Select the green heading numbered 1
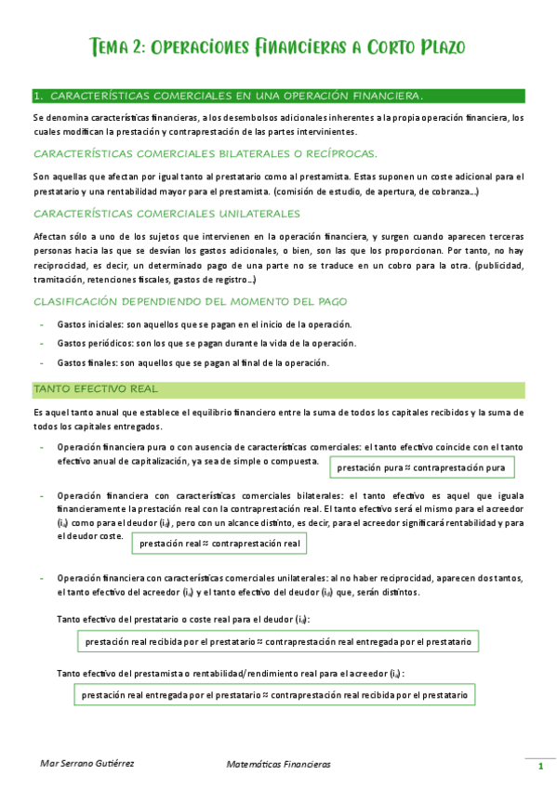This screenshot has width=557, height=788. tap(228, 96)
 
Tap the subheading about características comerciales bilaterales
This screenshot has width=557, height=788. tap(205, 153)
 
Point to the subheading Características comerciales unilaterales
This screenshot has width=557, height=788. tap(166, 212)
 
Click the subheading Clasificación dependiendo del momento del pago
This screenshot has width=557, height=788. tap(190, 301)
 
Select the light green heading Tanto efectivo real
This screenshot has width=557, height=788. tap(95, 387)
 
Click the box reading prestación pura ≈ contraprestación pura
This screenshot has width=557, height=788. tap(421, 467)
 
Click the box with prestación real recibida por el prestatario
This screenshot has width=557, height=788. tap(277, 642)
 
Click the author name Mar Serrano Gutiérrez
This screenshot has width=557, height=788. tap(88, 764)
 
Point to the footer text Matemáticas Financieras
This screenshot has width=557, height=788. tap(278, 764)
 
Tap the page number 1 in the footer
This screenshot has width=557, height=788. tap(540, 767)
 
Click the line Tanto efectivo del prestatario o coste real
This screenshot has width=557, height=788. tap(183, 619)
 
